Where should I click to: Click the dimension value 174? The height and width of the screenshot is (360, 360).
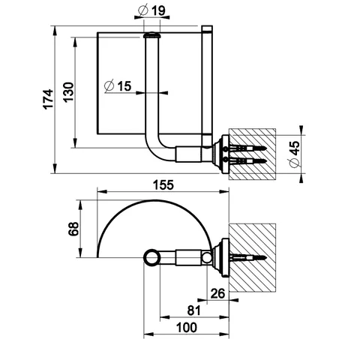point(48,99)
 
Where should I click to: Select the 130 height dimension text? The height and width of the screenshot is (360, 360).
point(68,91)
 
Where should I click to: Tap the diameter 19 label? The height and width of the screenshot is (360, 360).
point(151,10)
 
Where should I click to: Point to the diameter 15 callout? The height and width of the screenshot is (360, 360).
point(118,85)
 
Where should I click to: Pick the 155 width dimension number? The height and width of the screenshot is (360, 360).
point(163,185)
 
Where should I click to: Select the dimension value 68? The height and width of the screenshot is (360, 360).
point(73,229)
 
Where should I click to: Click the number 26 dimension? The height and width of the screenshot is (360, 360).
point(217,293)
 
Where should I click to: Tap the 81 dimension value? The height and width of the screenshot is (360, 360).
point(194,310)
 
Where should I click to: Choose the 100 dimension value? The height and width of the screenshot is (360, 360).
point(187,328)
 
